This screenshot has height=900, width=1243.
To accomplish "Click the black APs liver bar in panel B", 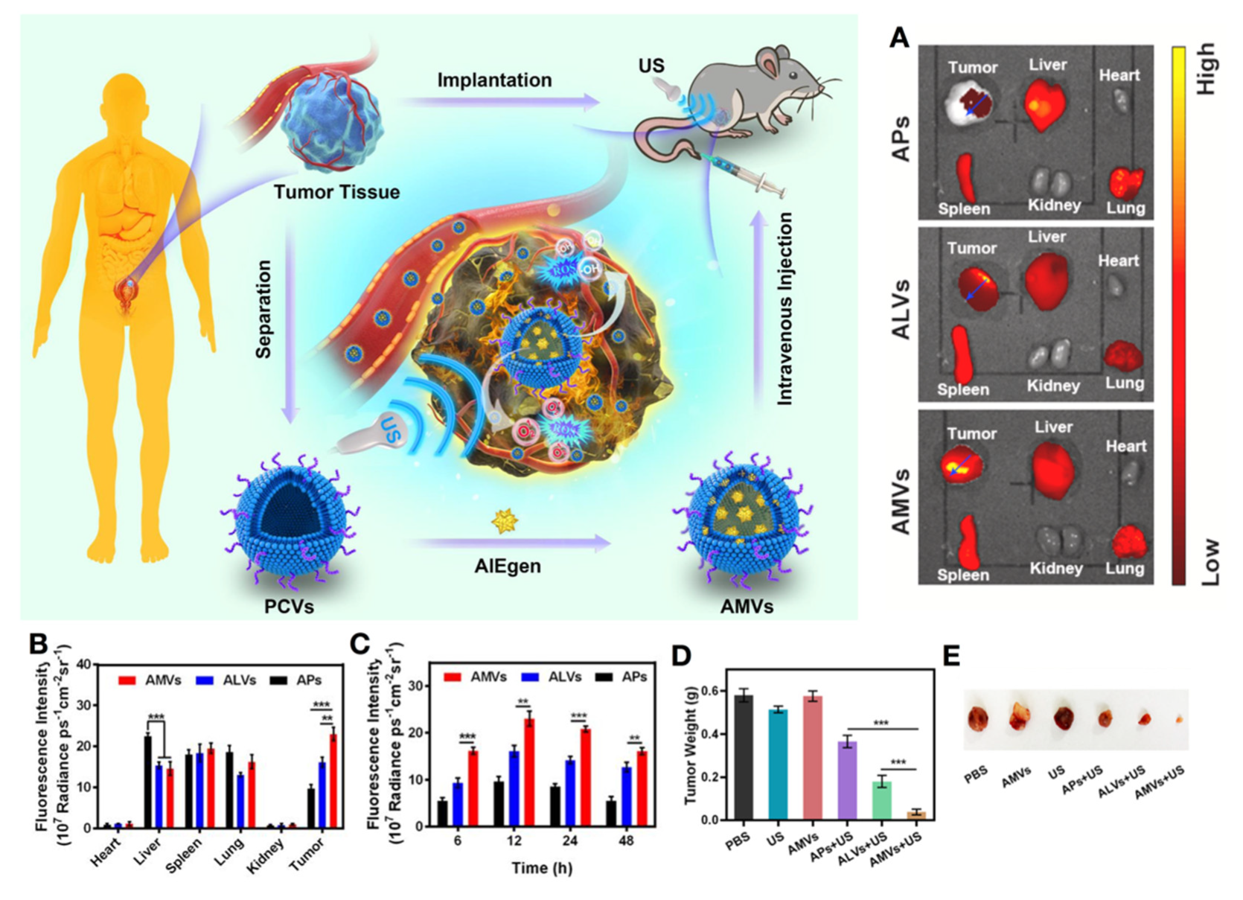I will click(148, 782).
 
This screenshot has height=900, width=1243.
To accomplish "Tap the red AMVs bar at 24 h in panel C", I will click(586, 778).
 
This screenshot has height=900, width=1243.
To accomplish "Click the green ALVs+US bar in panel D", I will click(881, 801).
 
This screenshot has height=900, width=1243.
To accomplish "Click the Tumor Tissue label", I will click(336, 193).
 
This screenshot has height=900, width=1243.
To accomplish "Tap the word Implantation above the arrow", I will click(494, 80).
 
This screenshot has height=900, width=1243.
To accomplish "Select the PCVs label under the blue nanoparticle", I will click(289, 607).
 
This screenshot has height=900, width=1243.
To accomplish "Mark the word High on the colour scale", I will click(1206, 68).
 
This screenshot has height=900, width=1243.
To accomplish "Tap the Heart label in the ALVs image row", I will click(1118, 261).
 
